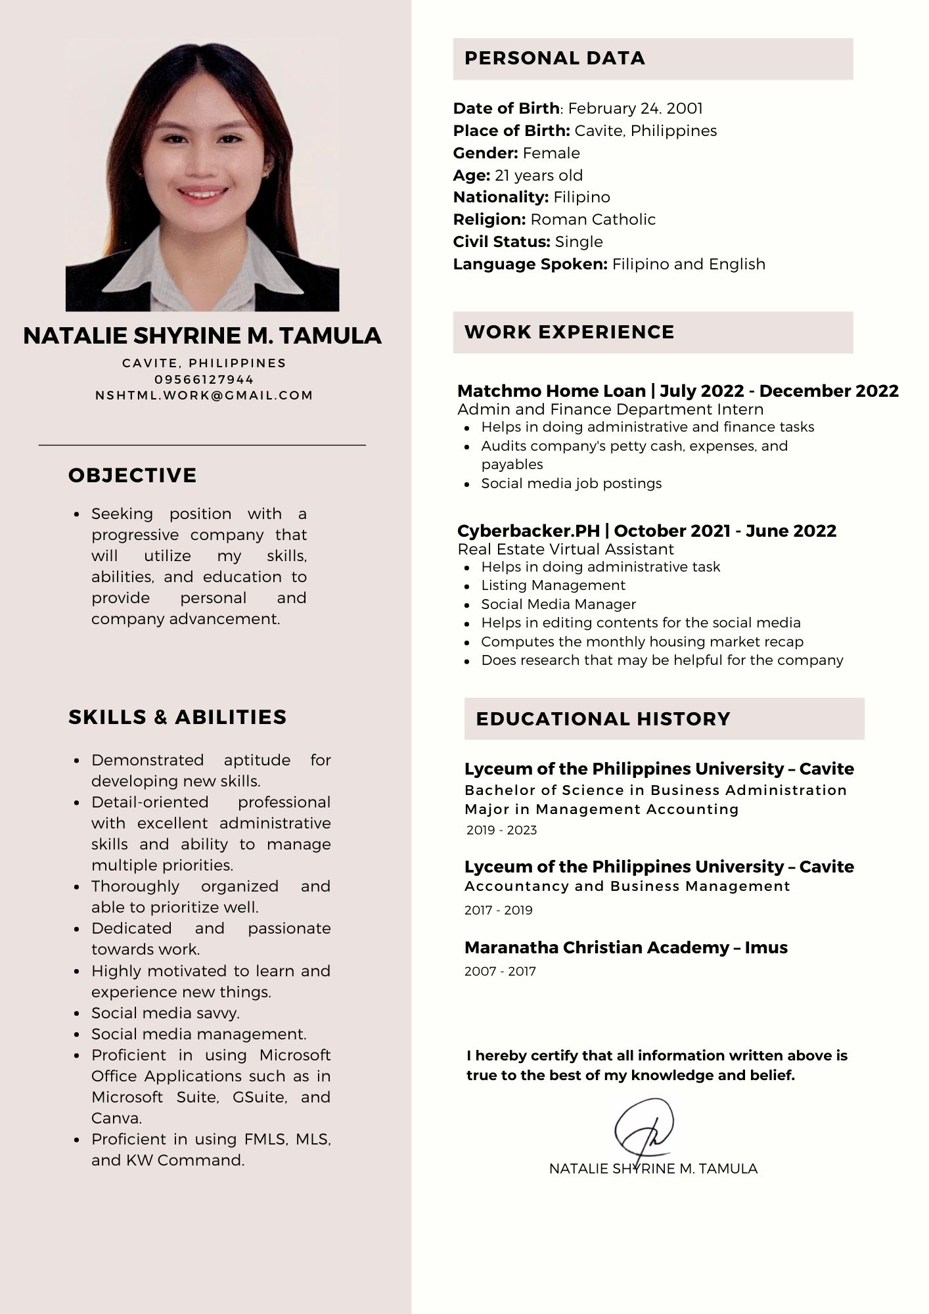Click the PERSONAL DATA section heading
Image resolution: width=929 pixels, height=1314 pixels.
point(555,58)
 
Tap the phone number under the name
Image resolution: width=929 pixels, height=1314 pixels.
point(204,379)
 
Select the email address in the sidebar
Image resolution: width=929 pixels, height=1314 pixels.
point(204,395)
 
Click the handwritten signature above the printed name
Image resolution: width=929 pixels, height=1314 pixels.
point(643,1129)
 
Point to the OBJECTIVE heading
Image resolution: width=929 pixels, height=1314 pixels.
point(133,475)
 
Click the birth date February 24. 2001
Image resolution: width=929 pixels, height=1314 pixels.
point(635,108)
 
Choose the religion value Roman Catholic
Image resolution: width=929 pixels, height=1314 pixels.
point(593,219)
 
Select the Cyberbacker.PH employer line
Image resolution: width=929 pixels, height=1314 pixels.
point(646,531)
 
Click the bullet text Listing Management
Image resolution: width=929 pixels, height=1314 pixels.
point(553,585)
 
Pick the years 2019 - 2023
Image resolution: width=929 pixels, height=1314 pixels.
point(501,830)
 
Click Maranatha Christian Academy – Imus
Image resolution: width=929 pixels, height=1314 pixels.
point(625,947)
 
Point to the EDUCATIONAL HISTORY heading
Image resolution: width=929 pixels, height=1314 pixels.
point(602,719)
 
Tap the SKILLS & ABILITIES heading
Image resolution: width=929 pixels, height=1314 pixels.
point(177,717)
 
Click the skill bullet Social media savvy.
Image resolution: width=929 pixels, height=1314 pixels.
point(166,1012)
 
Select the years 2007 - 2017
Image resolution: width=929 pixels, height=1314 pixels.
point(500,971)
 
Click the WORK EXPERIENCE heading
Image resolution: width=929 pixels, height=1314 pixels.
point(569,332)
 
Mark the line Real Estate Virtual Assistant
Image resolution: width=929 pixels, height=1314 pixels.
point(565,549)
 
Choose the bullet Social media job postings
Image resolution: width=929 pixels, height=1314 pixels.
point(571,484)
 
